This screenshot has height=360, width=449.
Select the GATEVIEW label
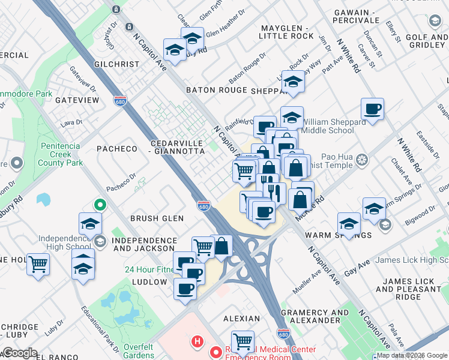coord(77,100)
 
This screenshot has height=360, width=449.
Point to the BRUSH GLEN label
coord(157,218)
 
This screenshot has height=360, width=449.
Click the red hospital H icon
coord(196,343)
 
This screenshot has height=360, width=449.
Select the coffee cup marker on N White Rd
coord(373,109)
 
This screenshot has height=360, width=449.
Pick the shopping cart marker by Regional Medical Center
coord(243,342)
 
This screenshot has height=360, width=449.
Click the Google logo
coord(20,353)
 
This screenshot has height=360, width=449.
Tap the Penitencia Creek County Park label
coord(61,154)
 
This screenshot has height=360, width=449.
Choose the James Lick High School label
coord(411,260)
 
